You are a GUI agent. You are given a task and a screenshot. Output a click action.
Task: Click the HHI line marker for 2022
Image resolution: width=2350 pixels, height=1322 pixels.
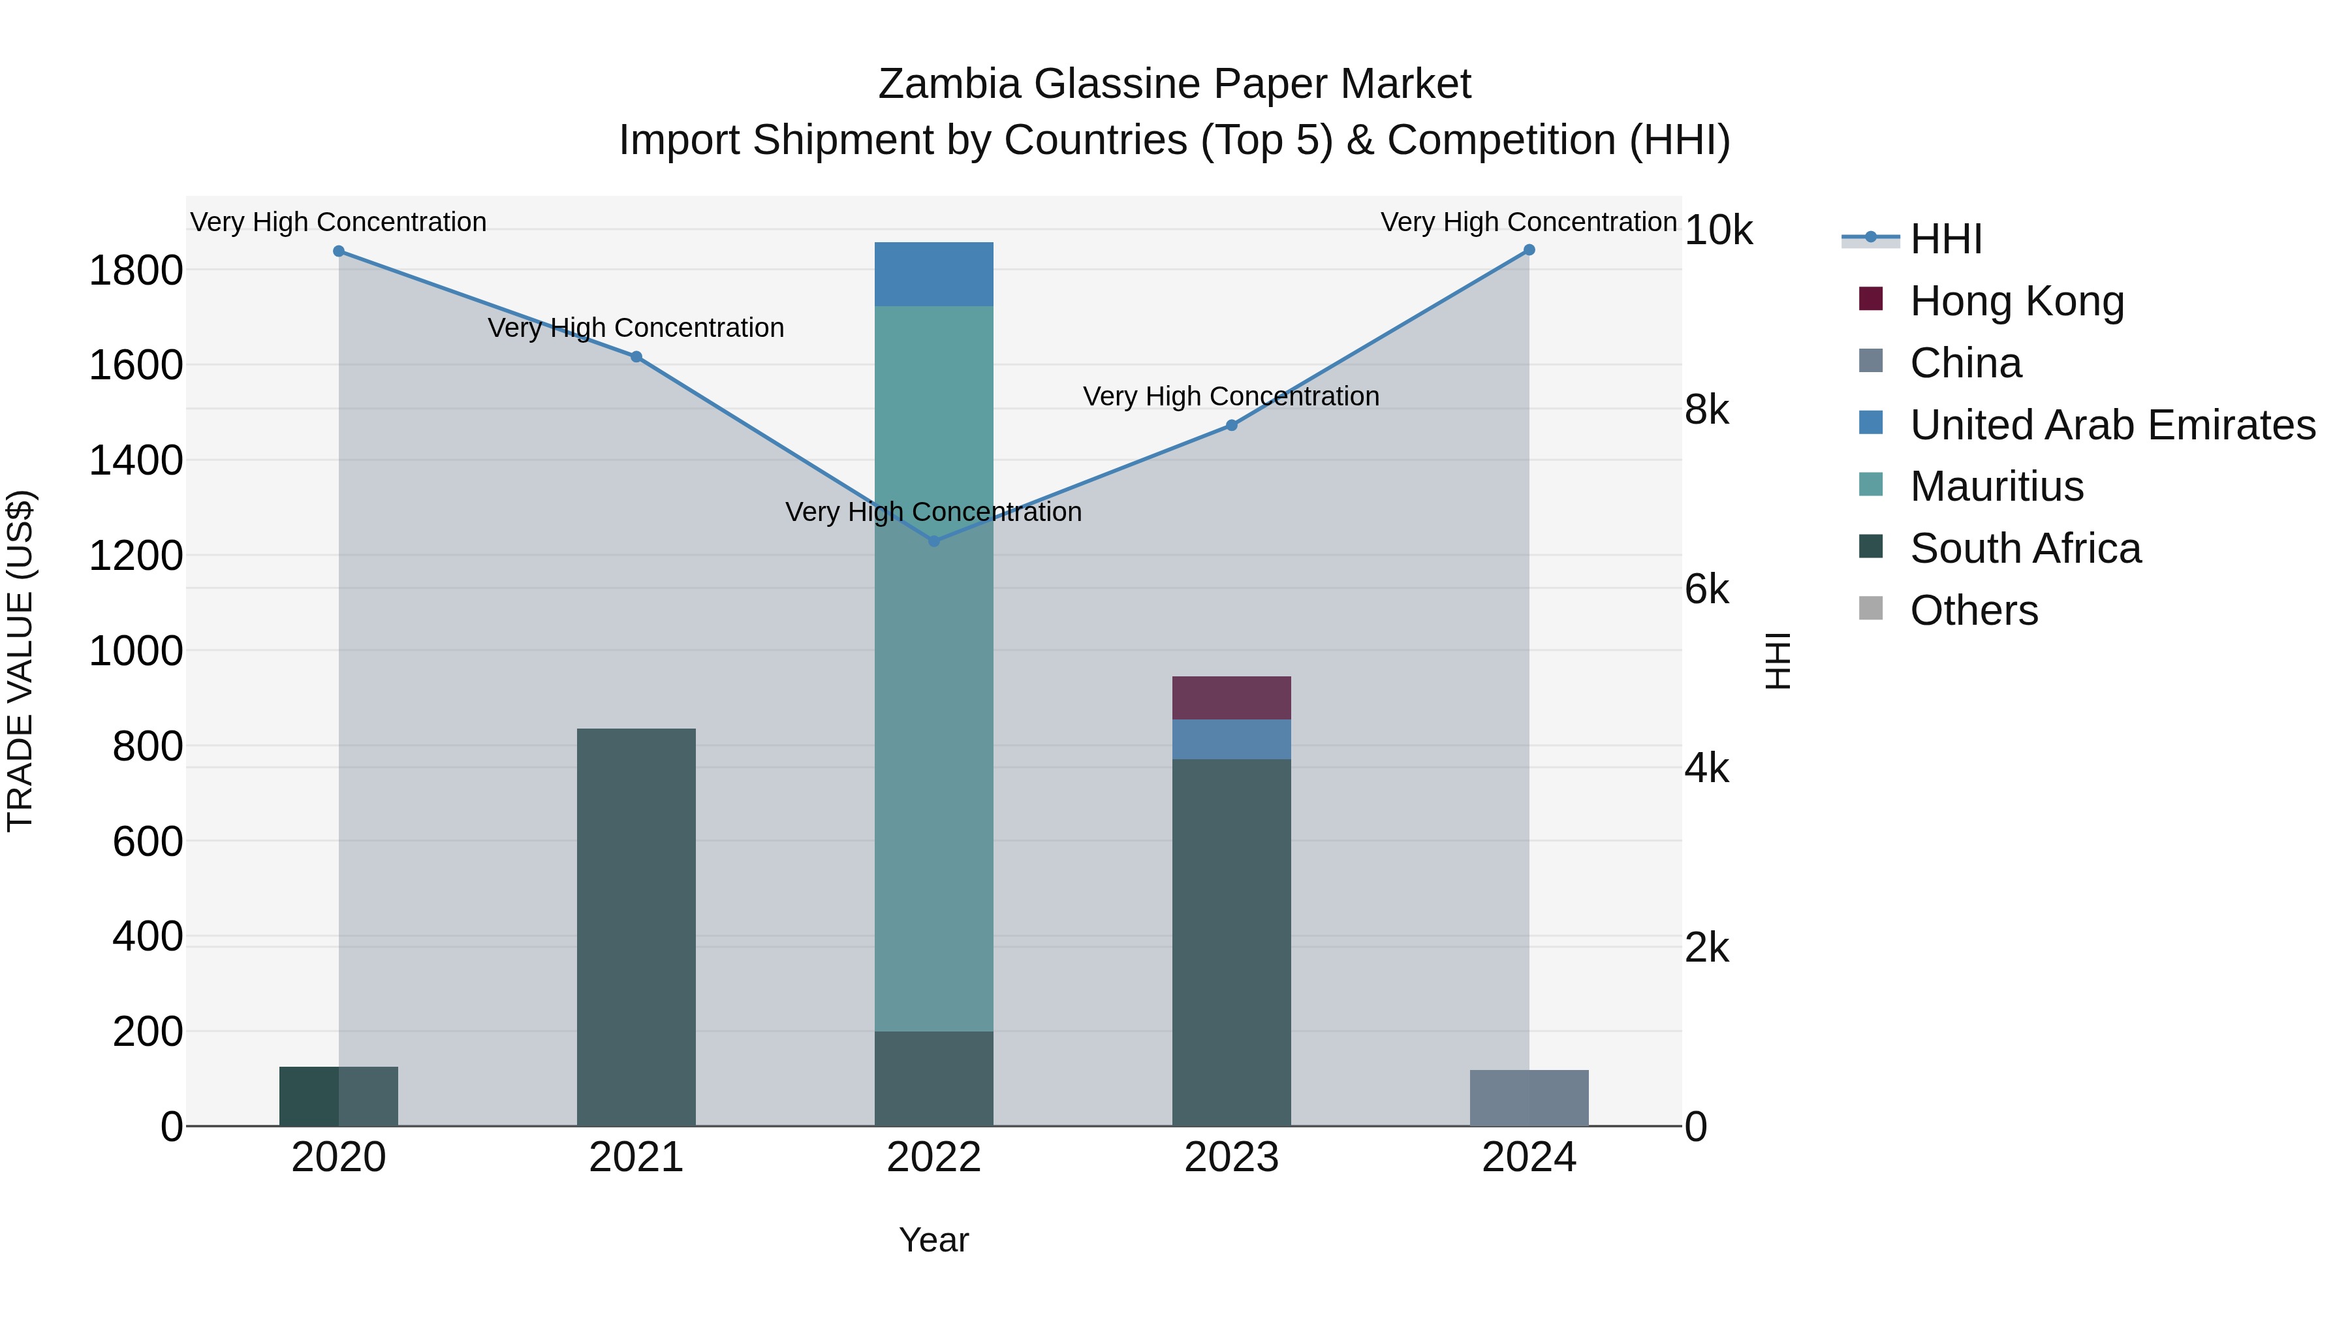click(933, 541)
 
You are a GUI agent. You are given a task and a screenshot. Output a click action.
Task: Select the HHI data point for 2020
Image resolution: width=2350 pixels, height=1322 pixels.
click(338, 251)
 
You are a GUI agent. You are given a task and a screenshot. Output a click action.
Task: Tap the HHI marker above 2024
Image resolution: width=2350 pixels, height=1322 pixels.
click(1529, 250)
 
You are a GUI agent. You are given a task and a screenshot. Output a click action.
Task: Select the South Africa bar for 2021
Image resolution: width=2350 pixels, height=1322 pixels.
click(636, 926)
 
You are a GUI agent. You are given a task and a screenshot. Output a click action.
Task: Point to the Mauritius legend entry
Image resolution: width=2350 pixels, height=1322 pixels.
click(1996, 486)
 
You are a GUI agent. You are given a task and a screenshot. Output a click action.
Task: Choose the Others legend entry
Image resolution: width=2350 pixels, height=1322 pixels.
click(1973, 610)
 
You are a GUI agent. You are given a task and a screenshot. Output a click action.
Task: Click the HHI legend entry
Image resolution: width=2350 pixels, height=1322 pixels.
click(1945, 239)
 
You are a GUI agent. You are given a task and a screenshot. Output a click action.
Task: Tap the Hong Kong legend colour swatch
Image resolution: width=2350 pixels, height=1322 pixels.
click(1870, 299)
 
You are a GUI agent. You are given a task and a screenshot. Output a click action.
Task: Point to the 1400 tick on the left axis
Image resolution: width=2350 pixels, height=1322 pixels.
click(135, 460)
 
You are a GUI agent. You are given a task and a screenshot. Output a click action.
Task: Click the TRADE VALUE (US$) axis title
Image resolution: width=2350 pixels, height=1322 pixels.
click(20, 661)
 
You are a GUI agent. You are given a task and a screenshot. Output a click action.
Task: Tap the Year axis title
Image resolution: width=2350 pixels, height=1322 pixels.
click(933, 1240)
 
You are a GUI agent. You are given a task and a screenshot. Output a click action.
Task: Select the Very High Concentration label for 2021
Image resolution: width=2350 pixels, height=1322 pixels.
click(636, 328)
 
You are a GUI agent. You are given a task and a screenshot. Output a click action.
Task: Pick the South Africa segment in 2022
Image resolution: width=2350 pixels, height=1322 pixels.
click(933, 1078)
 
